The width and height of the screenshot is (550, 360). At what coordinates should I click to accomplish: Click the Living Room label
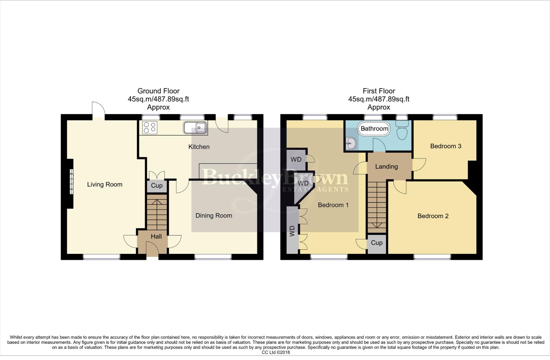point(105,184)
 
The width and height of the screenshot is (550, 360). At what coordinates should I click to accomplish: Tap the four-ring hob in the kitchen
point(149,128)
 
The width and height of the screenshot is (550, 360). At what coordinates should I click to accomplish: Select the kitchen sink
point(195,128)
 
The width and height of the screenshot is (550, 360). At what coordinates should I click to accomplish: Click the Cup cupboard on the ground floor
point(156,186)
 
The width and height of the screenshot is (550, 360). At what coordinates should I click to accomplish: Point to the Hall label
point(156,236)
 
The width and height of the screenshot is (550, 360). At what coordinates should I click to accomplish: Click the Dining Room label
point(214,216)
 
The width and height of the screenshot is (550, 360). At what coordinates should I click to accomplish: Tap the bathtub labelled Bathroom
point(374,129)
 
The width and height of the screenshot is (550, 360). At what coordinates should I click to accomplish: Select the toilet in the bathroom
point(402,131)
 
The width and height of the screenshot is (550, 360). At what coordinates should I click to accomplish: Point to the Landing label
point(386,166)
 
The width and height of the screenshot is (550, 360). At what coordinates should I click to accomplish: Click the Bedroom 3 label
point(446,146)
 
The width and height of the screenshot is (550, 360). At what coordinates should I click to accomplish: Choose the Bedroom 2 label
point(433,216)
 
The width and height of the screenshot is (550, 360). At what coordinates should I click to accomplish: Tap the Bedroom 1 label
point(333,205)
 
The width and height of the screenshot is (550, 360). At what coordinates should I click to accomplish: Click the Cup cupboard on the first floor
point(377,243)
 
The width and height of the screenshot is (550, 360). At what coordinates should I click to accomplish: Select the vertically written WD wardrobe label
point(293,231)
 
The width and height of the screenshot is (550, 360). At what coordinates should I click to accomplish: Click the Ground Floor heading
point(158,91)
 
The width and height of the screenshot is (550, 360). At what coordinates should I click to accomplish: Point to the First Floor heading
point(379,91)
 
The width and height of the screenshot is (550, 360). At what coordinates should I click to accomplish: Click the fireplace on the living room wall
point(70,181)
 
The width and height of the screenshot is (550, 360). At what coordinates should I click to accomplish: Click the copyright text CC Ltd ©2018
point(276,352)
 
